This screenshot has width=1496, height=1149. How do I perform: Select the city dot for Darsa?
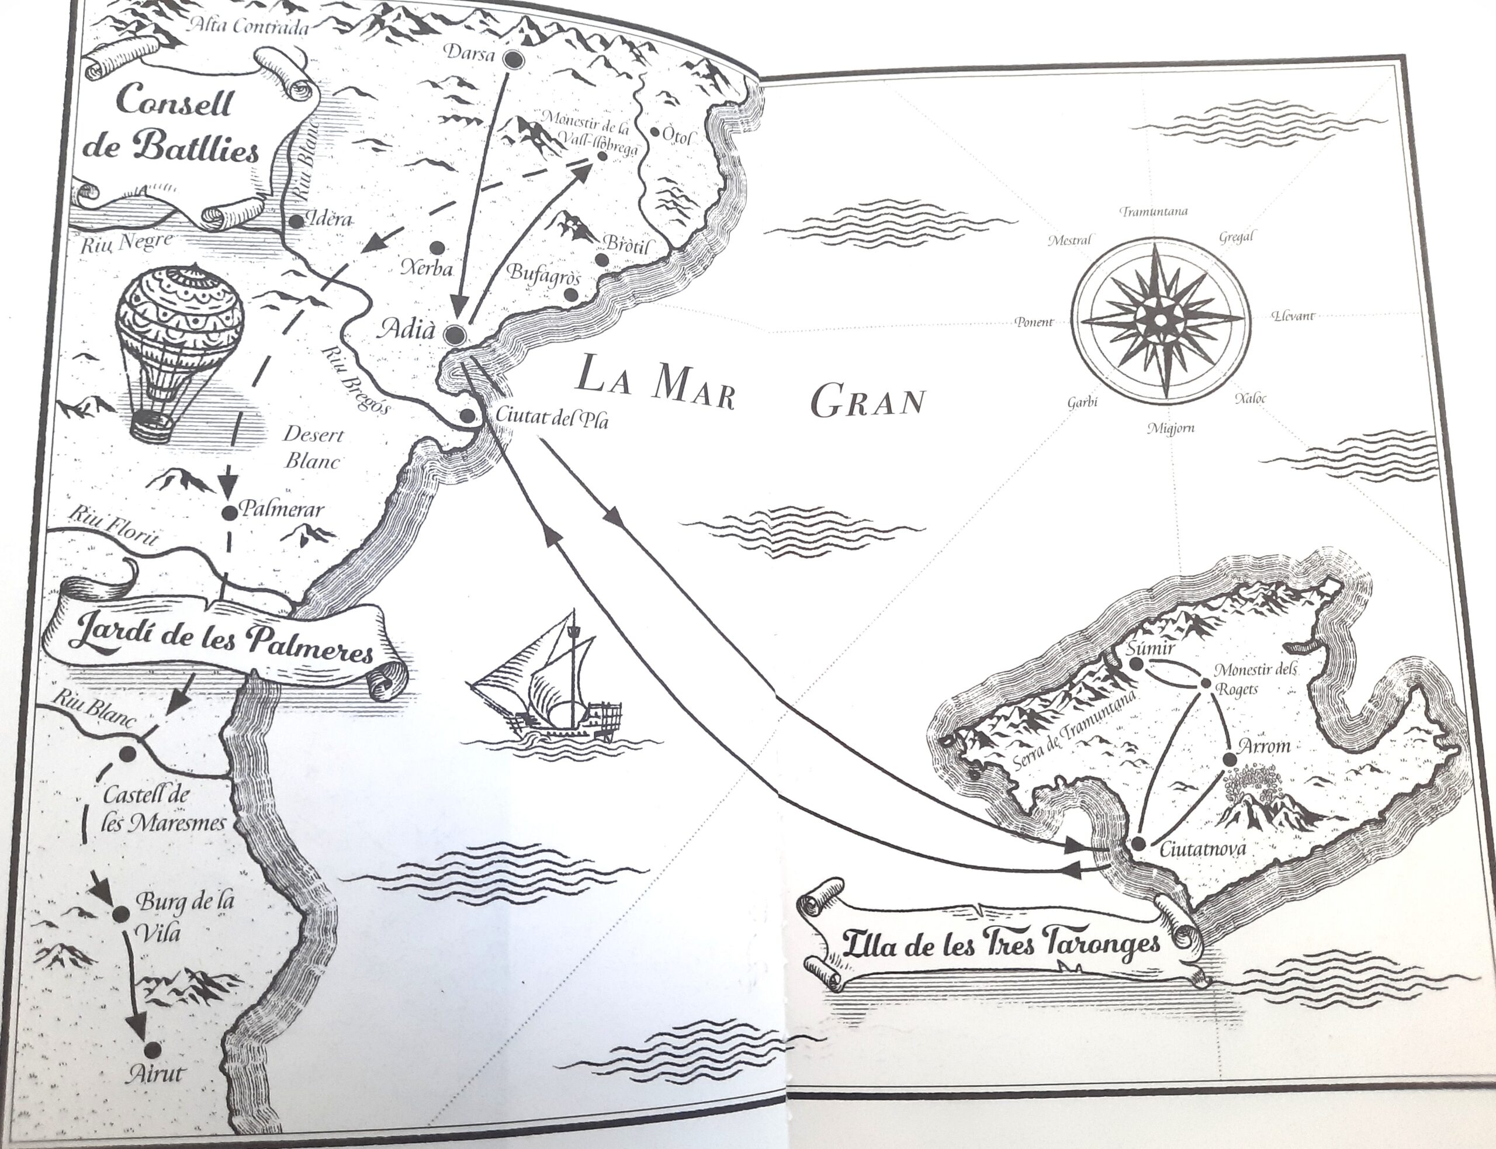pyautogui.click(x=514, y=61)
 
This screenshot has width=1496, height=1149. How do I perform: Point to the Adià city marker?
pyautogui.click(x=454, y=334)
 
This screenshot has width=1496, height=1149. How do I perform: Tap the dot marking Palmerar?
pyautogui.click(x=229, y=510)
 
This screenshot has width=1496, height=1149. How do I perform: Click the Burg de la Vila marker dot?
pyautogui.click(x=121, y=913)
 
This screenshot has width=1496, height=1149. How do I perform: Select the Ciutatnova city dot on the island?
pyautogui.click(x=1137, y=843)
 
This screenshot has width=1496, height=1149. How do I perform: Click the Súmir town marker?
pyautogui.click(x=1135, y=663)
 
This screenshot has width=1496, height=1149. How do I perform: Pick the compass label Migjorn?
pyautogui.click(x=1170, y=428)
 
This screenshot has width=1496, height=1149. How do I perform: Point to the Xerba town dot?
pyautogui.click(x=437, y=247)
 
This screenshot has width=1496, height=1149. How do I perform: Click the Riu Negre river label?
pyautogui.click(x=126, y=241)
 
